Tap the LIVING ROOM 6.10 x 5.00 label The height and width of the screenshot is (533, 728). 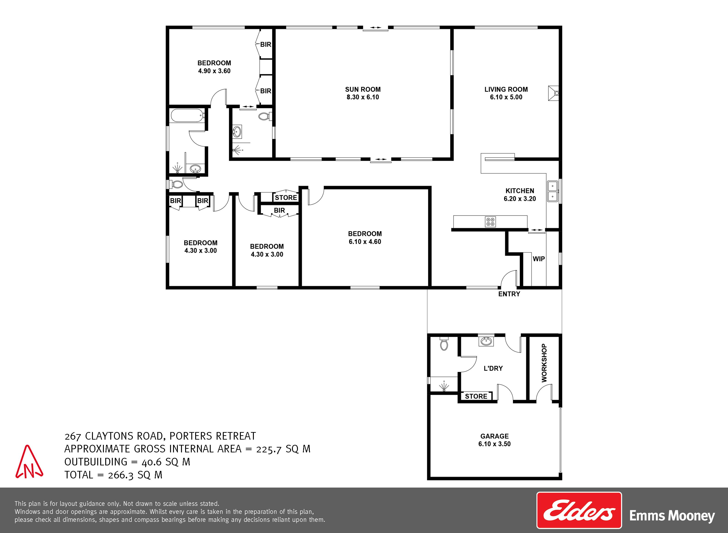(506, 93)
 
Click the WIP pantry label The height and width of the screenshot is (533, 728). (539, 259)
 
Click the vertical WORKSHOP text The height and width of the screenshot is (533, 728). (544, 363)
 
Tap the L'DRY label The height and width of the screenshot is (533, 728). (493, 368)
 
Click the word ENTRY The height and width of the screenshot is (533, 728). (509, 294)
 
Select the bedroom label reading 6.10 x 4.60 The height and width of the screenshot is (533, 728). (365, 238)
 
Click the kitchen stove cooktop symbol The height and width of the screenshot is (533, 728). (490, 222)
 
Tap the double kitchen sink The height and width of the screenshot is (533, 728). (552, 191)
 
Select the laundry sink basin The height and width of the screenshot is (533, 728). (486, 341)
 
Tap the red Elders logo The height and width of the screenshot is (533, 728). (579, 510)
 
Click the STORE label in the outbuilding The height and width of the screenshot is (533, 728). (476, 396)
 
